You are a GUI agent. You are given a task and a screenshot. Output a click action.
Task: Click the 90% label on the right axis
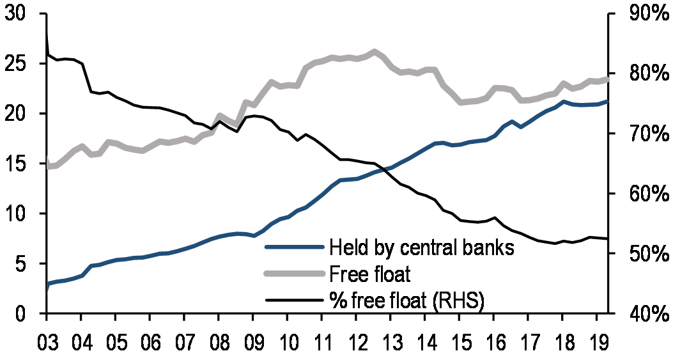pos(642,15)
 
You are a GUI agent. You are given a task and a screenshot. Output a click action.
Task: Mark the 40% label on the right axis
pos(642,314)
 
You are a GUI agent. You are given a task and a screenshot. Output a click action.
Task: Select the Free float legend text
pos(370,274)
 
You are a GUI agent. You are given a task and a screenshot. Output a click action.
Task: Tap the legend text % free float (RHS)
pos(407,300)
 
